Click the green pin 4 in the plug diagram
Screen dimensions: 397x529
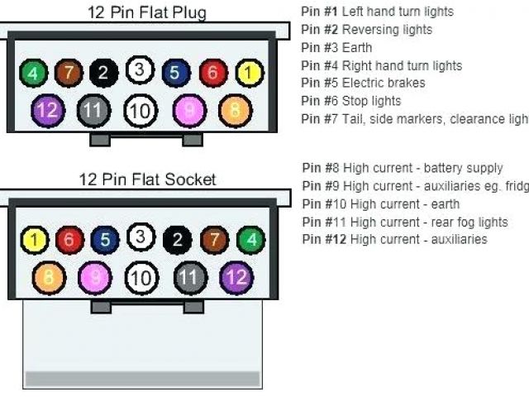33,74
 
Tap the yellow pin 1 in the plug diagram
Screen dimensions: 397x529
247,74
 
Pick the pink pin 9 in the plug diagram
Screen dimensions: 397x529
188,110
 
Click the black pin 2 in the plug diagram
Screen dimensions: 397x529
103,74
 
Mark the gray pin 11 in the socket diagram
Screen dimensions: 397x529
189,276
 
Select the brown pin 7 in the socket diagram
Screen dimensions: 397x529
213,241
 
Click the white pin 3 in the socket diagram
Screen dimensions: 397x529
141,238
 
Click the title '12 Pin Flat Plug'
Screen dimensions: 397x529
147,12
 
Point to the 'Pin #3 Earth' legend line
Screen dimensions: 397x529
336,47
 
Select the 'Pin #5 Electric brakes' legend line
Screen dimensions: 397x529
363,83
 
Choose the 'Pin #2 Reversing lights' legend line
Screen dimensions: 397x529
366,30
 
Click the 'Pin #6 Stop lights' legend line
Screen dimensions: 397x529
350,101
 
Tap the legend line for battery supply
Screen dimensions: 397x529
403,168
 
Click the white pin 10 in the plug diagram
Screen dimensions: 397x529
140,110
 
